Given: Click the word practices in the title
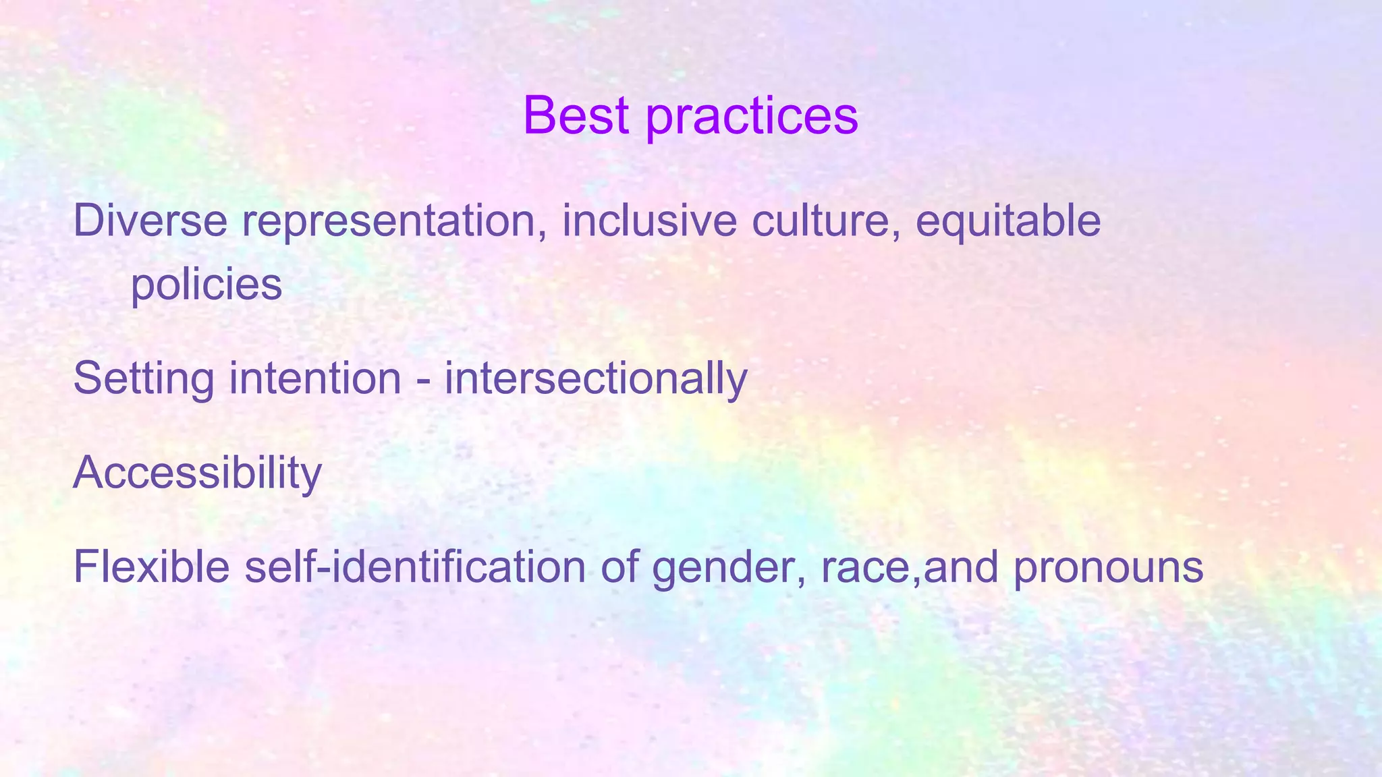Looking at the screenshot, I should (752, 116).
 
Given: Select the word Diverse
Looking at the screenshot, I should (150, 221).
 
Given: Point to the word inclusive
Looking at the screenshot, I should (649, 221).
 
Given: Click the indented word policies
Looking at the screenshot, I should (206, 285).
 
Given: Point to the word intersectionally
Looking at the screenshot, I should (595, 379).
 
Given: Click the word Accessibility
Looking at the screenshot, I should (197, 473).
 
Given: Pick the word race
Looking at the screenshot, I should (865, 569).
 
